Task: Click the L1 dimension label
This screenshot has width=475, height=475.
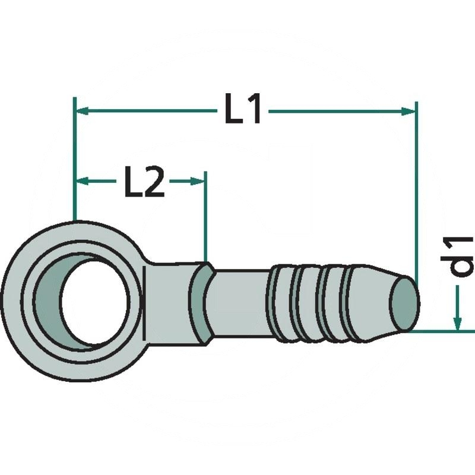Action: tap(243, 110)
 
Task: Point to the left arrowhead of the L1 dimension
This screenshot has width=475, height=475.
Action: tap(82, 110)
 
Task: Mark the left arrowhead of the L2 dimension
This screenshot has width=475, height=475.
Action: tap(82, 181)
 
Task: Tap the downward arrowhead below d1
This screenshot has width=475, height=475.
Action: tap(457, 321)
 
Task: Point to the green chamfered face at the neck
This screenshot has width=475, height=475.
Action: tap(201, 303)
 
